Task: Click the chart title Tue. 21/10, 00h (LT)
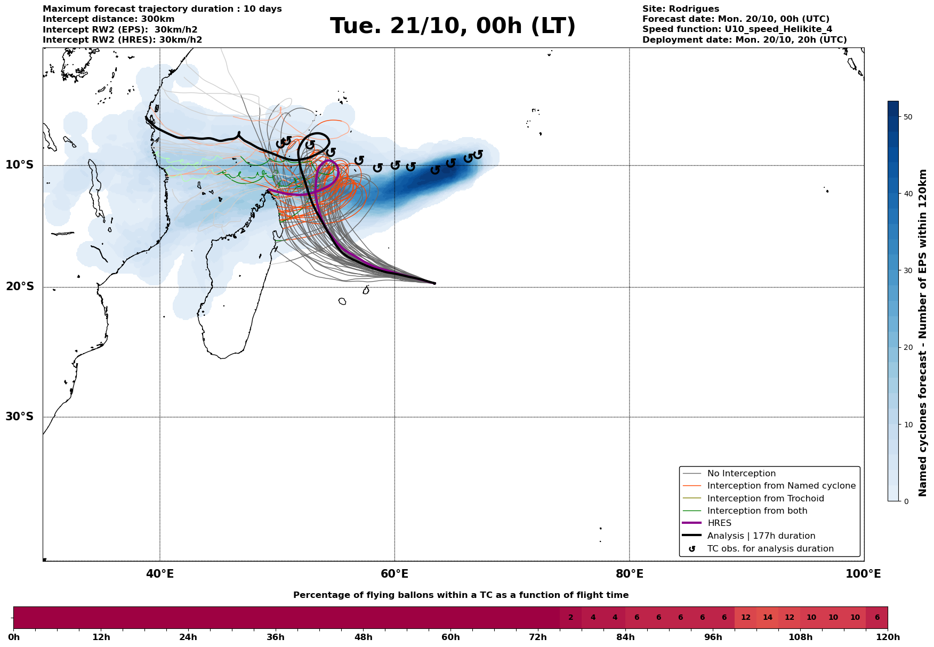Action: click(x=453, y=26)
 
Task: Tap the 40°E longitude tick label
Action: click(x=160, y=574)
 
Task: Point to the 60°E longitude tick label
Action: click(x=394, y=574)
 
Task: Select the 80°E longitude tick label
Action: click(x=629, y=574)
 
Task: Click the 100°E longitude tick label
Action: click(x=864, y=574)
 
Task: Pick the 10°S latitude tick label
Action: click(x=20, y=165)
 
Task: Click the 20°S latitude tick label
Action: click(x=20, y=287)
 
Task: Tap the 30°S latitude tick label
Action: click(x=20, y=417)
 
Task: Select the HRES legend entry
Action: click(x=719, y=523)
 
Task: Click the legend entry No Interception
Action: click(x=741, y=474)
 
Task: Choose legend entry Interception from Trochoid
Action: click(x=765, y=499)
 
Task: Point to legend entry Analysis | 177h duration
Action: click(x=761, y=536)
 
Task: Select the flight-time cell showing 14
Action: click(x=768, y=618)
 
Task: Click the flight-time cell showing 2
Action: click(x=570, y=618)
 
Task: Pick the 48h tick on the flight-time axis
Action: click(x=363, y=637)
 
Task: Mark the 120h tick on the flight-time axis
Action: click(x=888, y=637)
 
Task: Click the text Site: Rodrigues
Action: click(x=680, y=9)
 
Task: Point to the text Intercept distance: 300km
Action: click(x=108, y=19)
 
